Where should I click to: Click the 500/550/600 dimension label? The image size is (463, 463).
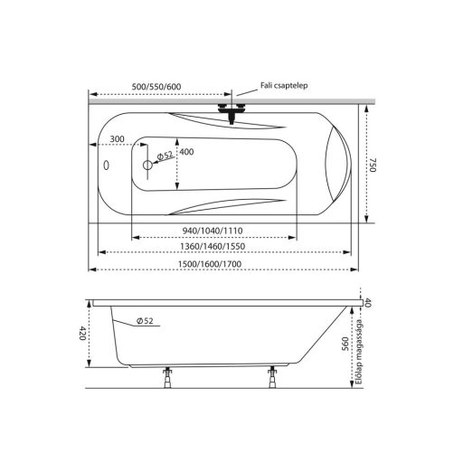[156, 87]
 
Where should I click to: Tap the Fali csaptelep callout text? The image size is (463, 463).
[284, 86]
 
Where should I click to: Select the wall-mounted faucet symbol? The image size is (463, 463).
[231, 113]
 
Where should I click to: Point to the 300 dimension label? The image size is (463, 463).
[117, 139]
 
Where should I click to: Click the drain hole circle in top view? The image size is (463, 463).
[147, 165]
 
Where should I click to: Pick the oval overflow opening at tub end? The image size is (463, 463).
[106, 165]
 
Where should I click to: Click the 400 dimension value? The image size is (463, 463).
[186, 152]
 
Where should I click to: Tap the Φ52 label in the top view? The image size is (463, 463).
[165, 156]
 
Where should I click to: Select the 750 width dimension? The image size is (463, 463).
[373, 165]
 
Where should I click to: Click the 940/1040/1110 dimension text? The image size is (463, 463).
[213, 231]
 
